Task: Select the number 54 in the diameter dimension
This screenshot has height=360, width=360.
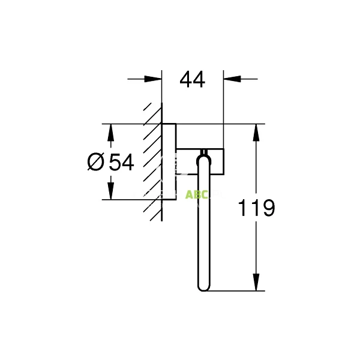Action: (121, 162)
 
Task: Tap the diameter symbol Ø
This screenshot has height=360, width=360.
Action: (96, 162)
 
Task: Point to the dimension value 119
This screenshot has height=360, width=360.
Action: (256, 208)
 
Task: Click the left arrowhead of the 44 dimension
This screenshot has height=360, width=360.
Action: (155, 79)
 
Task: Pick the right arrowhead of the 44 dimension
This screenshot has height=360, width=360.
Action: (230, 79)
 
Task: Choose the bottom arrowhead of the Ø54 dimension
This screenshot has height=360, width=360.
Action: (110, 193)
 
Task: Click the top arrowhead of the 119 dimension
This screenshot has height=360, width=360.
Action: (257, 131)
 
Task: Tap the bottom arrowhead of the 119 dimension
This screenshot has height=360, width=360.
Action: (257, 284)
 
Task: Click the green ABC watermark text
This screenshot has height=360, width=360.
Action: (196, 194)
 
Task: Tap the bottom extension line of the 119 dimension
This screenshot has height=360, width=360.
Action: (240, 291)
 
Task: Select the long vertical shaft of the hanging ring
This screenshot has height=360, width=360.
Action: (205, 228)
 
